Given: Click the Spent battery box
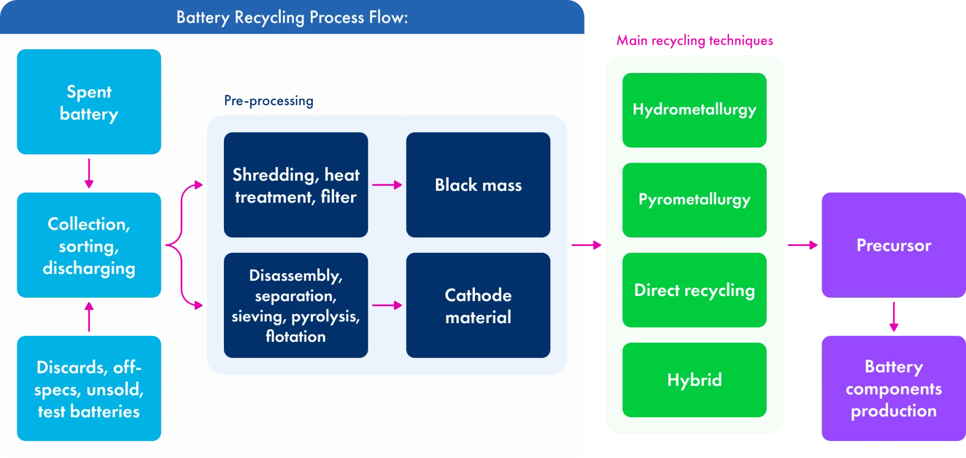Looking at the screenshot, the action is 89,102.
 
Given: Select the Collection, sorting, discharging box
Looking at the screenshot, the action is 89,245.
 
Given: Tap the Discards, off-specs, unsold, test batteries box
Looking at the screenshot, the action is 89,389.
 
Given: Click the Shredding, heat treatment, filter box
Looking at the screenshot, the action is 296,185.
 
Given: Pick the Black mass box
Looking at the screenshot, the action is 478,185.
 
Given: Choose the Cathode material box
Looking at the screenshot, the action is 478,306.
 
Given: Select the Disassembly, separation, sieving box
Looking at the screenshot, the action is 296,306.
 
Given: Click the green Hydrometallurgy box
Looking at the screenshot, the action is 694,110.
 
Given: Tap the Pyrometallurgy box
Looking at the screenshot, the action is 694,200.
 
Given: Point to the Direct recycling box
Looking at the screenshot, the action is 694,290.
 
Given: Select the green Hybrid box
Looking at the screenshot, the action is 694,380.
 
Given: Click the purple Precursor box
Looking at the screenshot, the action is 894,245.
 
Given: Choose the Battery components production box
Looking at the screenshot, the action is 894,389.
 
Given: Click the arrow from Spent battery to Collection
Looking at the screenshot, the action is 89,174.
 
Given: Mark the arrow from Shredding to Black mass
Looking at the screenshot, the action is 387,185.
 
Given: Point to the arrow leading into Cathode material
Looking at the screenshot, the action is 387,306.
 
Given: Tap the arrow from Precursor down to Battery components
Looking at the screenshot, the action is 894,317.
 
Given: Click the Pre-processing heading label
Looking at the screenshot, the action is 269,101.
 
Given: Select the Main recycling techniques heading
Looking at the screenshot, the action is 695,40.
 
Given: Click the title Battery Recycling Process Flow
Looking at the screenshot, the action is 292,18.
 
